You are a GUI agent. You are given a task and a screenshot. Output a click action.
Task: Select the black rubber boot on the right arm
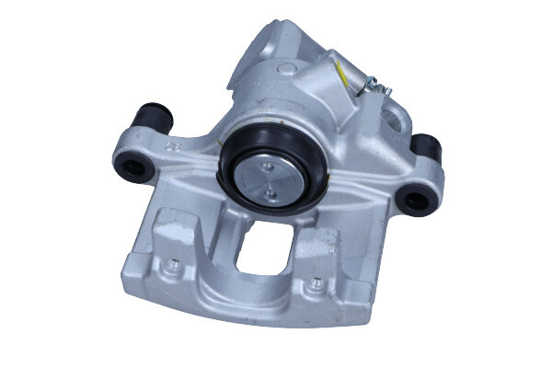click(426, 147)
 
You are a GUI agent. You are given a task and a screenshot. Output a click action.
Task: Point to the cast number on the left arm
click(172, 145)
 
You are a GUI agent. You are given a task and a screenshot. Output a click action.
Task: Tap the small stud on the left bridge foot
click(172, 265)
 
